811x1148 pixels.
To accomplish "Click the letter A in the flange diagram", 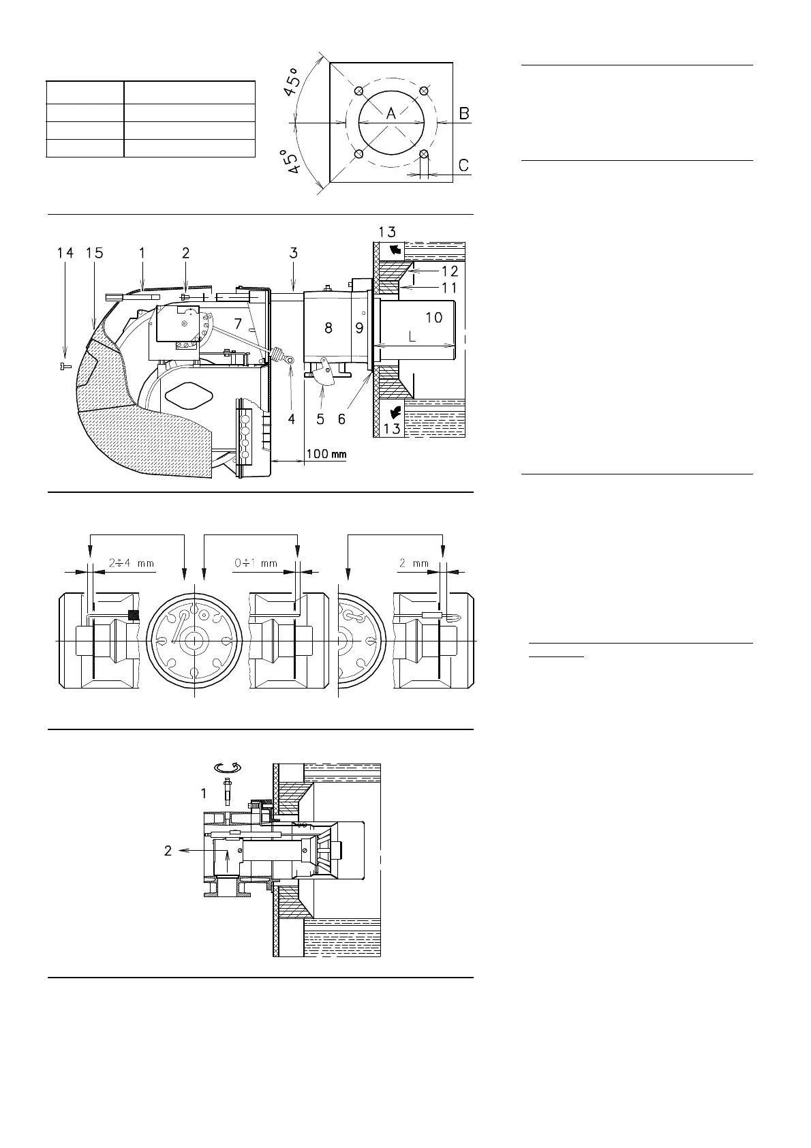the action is [x=391, y=115].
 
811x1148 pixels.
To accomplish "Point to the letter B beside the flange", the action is [x=464, y=114].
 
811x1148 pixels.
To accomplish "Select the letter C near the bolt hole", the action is [x=463, y=165].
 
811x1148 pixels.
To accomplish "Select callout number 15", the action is [x=95, y=253].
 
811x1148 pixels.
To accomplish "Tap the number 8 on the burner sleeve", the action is [x=328, y=328].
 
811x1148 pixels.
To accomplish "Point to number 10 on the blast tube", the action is [x=433, y=317].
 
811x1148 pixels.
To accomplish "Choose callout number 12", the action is [x=449, y=271].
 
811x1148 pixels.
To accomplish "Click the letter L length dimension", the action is [x=412, y=337].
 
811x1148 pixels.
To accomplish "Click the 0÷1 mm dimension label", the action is [x=255, y=564].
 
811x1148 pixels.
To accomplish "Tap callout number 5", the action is [x=320, y=419].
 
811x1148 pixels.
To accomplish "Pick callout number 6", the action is [x=341, y=419].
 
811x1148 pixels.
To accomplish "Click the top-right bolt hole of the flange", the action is [x=423, y=91].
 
